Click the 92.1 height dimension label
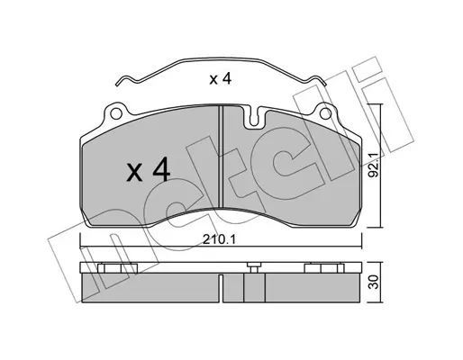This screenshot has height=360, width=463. (374, 168)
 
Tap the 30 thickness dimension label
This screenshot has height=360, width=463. (374, 283)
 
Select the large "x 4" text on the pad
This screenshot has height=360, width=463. (149, 170)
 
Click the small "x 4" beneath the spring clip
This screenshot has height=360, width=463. (220, 78)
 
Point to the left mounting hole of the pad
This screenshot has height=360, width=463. (116, 113)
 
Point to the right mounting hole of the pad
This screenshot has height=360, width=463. (325, 113)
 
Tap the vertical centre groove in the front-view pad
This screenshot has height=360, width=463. (221, 157)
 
